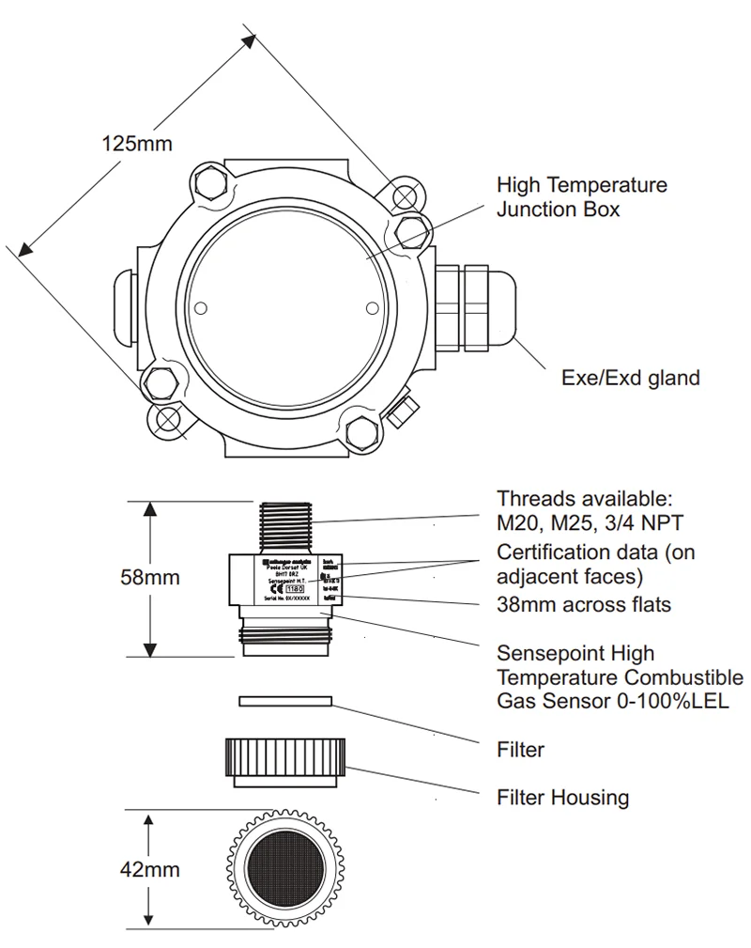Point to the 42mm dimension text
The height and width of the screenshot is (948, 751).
click(x=149, y=869)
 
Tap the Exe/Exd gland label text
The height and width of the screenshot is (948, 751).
click(x=630, y=378)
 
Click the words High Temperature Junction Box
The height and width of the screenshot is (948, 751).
click(x=581, y=196)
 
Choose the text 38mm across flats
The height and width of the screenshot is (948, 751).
click(x=583, y=604)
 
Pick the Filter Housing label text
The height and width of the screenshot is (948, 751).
click(x=562, y=798)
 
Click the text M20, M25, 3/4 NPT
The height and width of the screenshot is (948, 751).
click(x=589, y=522)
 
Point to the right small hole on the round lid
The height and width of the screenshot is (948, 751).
click(x=372, y=306)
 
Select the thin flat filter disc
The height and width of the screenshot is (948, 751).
click(x=285, y=700)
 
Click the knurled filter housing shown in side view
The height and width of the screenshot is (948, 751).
click(x=285, y=760)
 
